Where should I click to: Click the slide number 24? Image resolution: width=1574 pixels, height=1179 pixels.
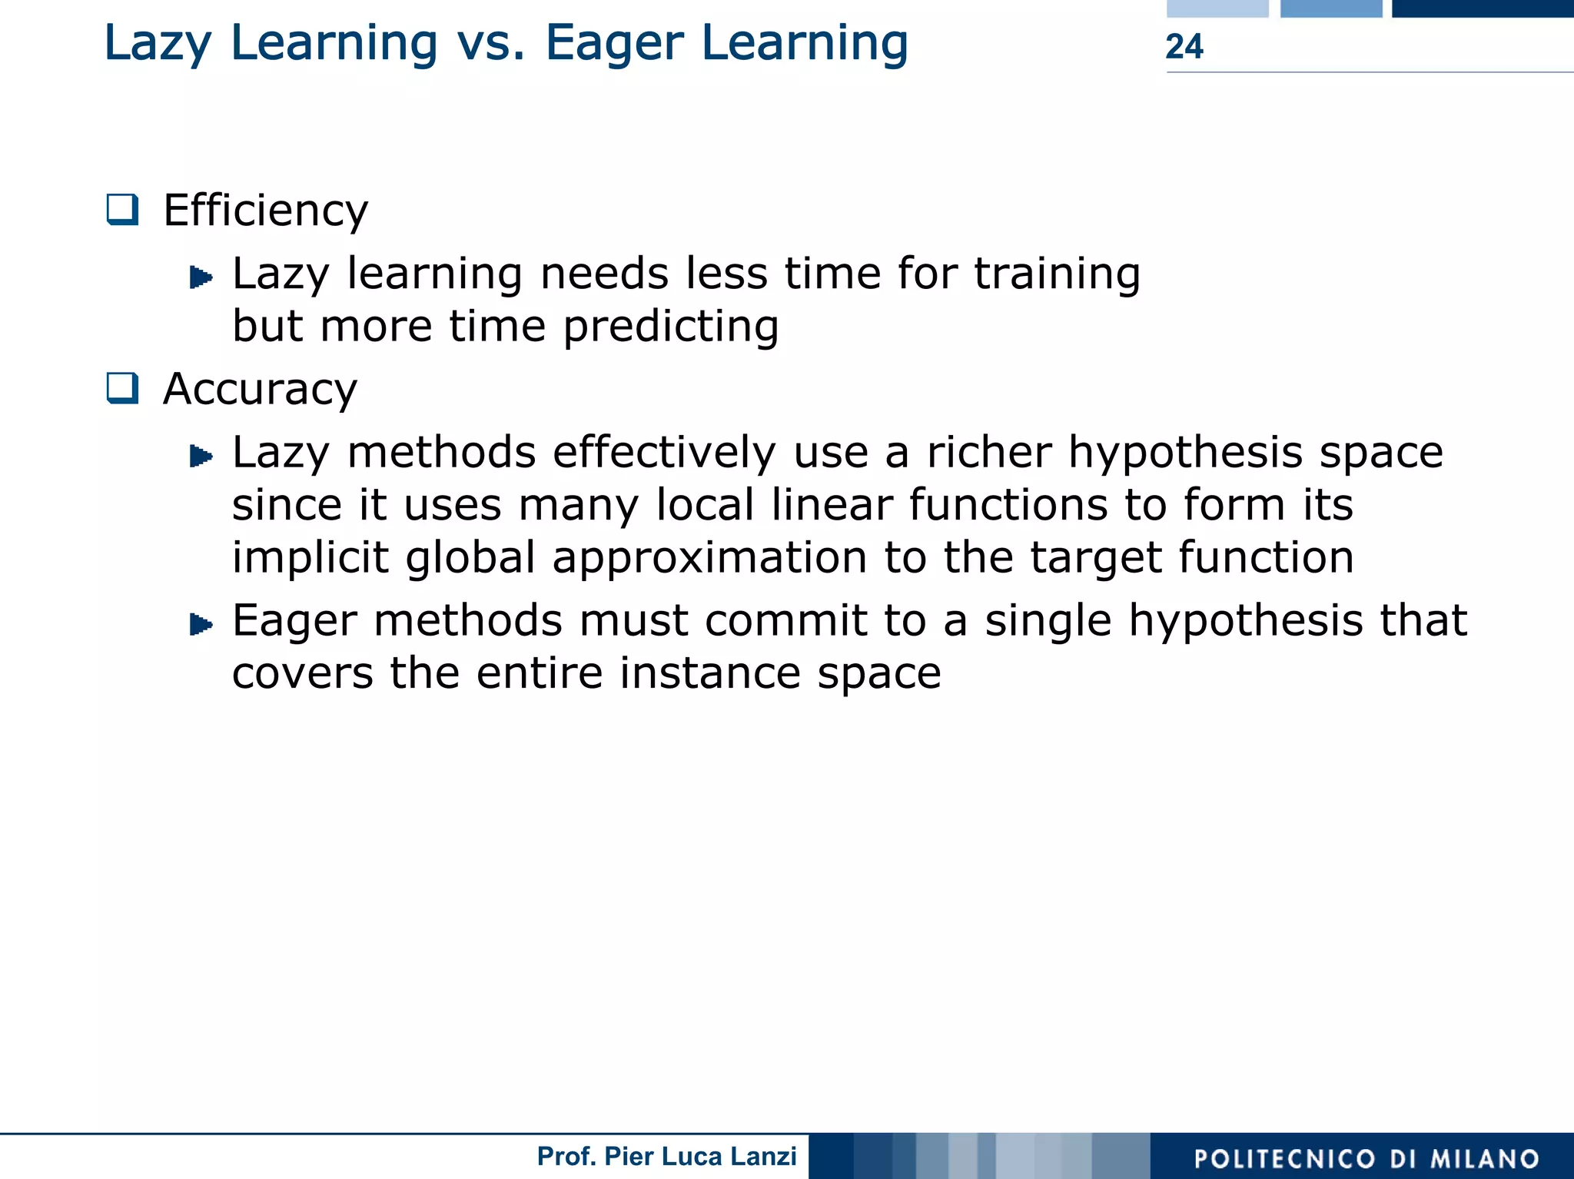tap(1184, 47)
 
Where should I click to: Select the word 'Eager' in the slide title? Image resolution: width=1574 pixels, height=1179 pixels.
tap(614, 44)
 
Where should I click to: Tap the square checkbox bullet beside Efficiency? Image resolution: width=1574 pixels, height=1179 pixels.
tap(123, 209)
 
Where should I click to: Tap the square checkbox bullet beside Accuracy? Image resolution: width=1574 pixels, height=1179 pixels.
tap(123, 388)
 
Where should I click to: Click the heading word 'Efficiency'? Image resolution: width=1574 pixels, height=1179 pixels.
tap(266, 211)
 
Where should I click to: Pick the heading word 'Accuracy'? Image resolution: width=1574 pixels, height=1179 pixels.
tap(260, 389)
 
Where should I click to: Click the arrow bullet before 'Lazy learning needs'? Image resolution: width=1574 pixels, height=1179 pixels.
tap(201, 277)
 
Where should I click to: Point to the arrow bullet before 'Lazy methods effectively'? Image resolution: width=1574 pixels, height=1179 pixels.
tap(201, 456)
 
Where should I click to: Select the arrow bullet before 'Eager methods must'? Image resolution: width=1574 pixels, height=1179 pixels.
tap(201, 624)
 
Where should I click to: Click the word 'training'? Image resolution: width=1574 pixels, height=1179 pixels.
tap(1058, 274)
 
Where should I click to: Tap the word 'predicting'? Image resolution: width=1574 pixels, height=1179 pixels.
tap(671, 327)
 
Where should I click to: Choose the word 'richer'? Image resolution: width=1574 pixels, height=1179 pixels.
tap(989, 452)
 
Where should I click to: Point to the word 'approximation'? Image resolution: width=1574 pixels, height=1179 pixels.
tap(709, 557)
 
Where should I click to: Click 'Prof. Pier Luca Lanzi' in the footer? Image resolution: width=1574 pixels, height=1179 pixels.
tap(666, 1156)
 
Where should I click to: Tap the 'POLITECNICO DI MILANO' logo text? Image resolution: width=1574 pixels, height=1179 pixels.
tap(1366, 1159)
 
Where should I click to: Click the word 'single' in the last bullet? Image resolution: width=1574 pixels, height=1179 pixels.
tap(1048, 622)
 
